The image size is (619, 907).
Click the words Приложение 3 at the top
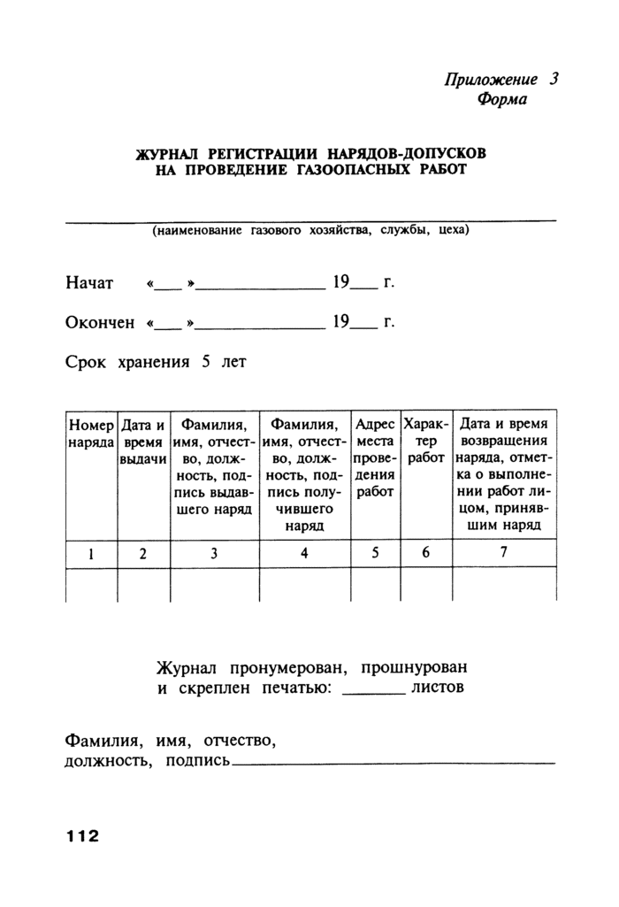coord(501,79)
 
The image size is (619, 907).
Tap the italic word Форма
coord(502,99)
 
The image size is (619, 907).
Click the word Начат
coord(89,284)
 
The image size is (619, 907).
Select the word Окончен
coord(100,323)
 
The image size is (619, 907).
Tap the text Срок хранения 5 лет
coord(156,362)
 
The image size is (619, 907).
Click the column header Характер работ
coord(427,441)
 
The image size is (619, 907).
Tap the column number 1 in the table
coord(91,553)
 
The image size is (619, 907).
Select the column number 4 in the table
coord(304,553)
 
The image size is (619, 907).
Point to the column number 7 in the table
coord(504,553)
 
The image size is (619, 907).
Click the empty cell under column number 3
coord(214,585)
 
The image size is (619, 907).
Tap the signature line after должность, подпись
coord(394,762)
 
